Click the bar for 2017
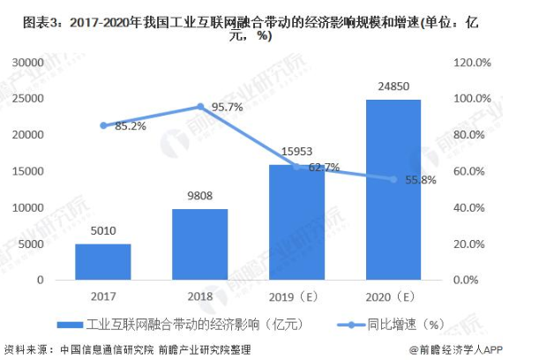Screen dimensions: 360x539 click(x=102, y=261)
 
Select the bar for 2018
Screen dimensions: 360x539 click(x=199, y=244)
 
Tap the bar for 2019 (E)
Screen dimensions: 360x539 click(x=296, y=222)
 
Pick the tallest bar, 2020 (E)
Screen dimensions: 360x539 click(x=393, y=190)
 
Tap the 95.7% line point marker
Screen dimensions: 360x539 click(x=200, y=107)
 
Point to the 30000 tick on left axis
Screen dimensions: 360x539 click(x=29, y=63)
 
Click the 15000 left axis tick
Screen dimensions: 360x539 click(x=29, y=171)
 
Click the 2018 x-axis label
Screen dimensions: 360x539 click(x=199, y=296)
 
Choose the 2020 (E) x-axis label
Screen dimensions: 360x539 click(x=393, y=296)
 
